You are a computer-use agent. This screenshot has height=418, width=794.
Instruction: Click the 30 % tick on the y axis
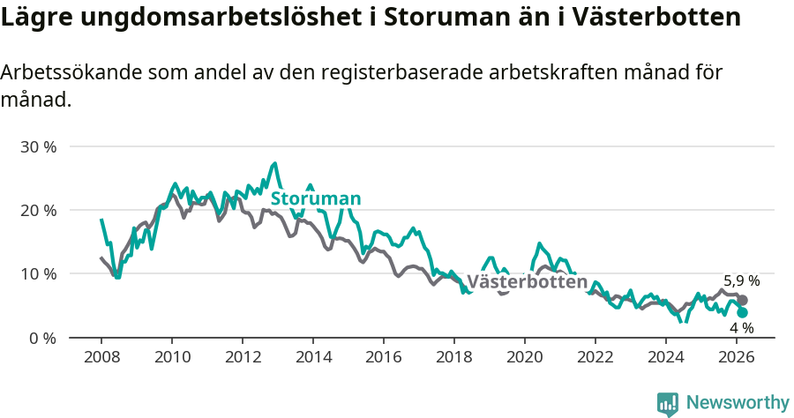click(x=38, y=146)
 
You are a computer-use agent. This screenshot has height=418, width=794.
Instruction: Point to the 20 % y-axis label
click(x=38, y=210)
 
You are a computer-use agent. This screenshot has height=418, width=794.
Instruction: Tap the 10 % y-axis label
click(x=38, y=274)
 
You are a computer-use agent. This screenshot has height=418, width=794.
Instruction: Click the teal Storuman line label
click(x=316, y=198)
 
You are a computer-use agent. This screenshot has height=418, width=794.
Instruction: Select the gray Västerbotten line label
click(x=527, y=282)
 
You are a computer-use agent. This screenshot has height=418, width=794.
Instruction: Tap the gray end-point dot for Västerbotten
click(x=742, y=301)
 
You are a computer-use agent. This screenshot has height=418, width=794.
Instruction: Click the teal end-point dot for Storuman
click(x=742, y=312)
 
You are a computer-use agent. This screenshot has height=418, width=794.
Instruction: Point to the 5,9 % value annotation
click(x=741, y=281)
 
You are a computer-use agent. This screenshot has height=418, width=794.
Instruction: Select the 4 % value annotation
click(x=741, y=328)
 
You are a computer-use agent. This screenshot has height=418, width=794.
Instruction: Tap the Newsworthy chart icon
click(x=668, y=404)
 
